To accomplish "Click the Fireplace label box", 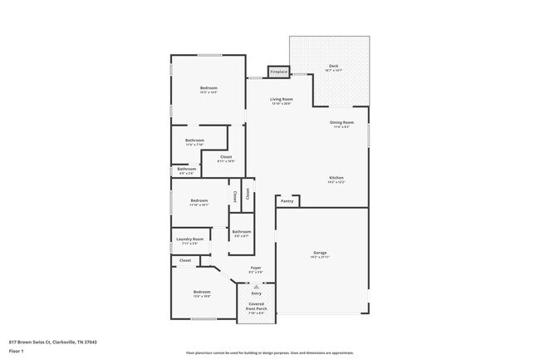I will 278,72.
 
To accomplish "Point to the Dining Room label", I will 342,124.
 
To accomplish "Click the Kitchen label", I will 336,179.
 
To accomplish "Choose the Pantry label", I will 287,200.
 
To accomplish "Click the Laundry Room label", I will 189,240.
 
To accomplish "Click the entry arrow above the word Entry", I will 256,286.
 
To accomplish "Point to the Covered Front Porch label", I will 256,307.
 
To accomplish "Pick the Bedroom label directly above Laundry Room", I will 199,201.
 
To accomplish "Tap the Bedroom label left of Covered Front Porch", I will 202,293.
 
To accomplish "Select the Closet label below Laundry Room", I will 185,260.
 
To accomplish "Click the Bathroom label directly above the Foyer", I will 241,233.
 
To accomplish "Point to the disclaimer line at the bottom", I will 269,353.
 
